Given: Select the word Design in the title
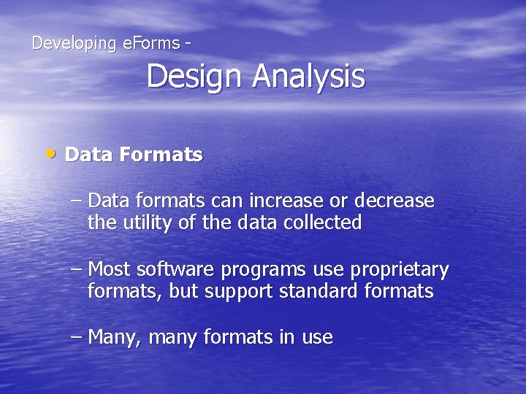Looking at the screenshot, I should [195, 77].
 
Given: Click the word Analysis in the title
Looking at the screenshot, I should [309, 77].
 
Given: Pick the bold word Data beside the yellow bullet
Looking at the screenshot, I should [88, 155].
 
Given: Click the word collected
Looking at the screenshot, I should [326, 223].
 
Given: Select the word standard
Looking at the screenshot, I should [319, 292].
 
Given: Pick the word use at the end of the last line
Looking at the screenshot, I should [316, 338].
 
